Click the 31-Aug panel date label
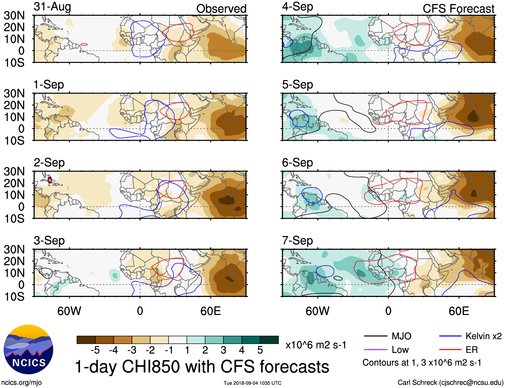pos(53,7)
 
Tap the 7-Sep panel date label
pos(297,241)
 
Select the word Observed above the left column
pos(221,9)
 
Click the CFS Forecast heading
pos(458,9)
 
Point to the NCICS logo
pos(28,349)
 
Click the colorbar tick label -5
pos(95,350)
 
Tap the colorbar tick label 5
pos(260,350)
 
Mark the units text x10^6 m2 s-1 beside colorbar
pos(316,345)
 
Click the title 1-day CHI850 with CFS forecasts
pos(202,367)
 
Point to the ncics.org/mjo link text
pos(21,383)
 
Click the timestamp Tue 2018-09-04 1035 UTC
pos(252,383)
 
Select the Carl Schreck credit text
pos(450,383)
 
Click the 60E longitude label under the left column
pos(210,311)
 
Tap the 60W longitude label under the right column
pos(317,311)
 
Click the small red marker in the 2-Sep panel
pos(49,180)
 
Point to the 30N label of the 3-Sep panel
pos(14,249)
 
